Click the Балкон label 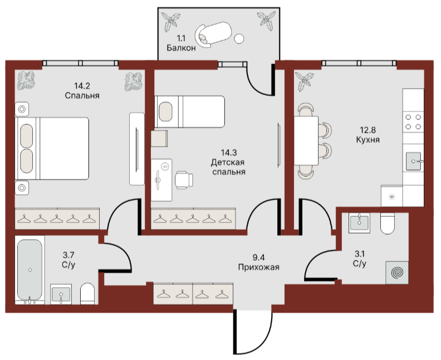pos(181,48)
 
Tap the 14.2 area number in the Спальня pos(82,86)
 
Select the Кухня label pos(368,140)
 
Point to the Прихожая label pos(259,267)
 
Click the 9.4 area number pos(259,257)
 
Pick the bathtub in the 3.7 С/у pos(30,270)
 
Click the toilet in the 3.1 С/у pos(388,223)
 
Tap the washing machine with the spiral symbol pos(397,273)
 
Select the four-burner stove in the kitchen pos(413,122)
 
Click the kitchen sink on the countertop pos(414,162)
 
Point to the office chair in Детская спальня pos(184,180)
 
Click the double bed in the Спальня pos(52,148)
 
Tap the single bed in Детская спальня pos(189,112)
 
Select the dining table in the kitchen pos(306,140)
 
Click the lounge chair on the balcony pos(214,34)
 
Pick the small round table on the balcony pos(239,38)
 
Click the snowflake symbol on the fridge pos(391,197)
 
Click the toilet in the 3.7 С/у pos(87,294)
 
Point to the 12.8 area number pos(368,130)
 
